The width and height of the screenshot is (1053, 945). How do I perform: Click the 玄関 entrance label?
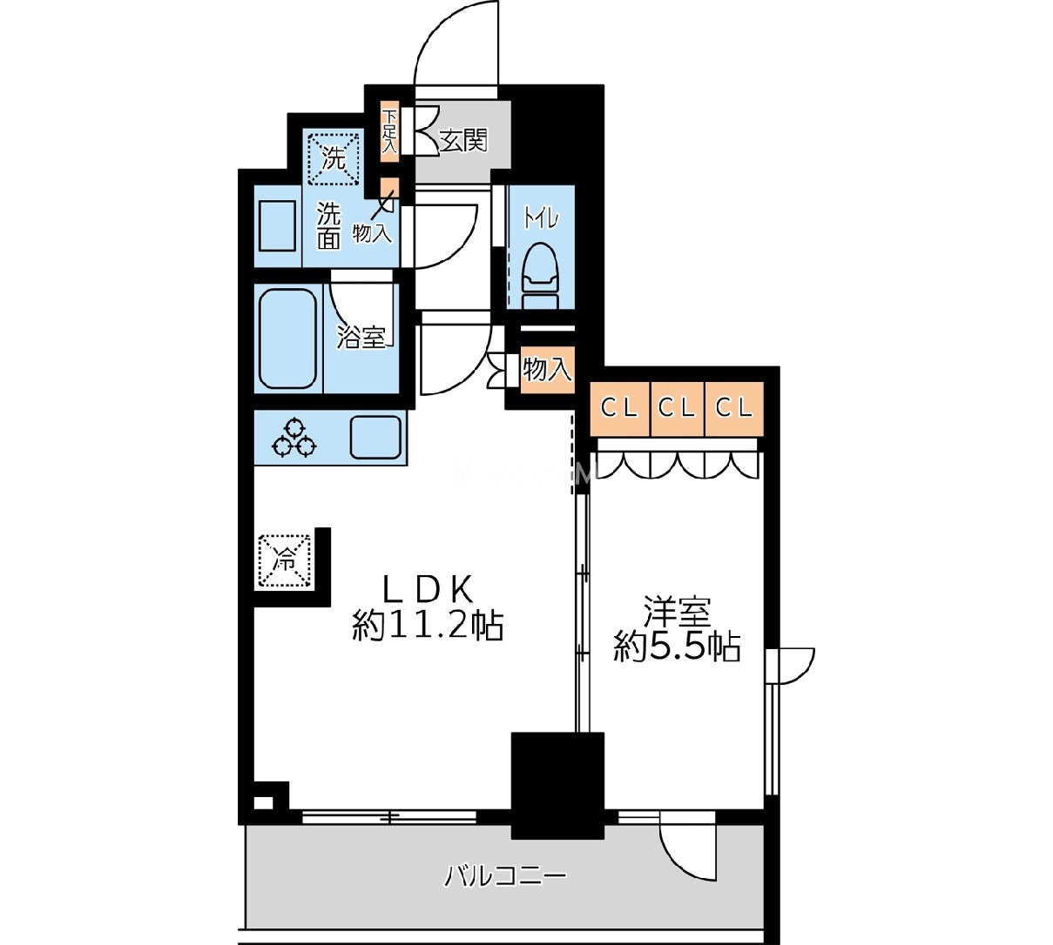(463, 140)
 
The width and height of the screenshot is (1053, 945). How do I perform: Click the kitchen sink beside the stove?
(375, 436)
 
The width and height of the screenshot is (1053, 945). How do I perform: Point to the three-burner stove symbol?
(294, 437)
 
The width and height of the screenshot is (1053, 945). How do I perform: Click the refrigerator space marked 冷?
(284, 561)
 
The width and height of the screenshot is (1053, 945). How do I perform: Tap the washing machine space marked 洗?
(333, 159)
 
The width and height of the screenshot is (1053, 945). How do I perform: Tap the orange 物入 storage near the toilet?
(547, 370)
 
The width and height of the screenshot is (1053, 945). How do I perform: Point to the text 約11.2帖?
(428, 627)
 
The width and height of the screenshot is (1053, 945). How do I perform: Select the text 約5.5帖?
(677, 647)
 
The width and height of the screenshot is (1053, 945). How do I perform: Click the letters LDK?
(428, 589)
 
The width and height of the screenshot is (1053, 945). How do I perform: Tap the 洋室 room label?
(677, 611)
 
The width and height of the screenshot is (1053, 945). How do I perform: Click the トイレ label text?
(541, 218)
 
